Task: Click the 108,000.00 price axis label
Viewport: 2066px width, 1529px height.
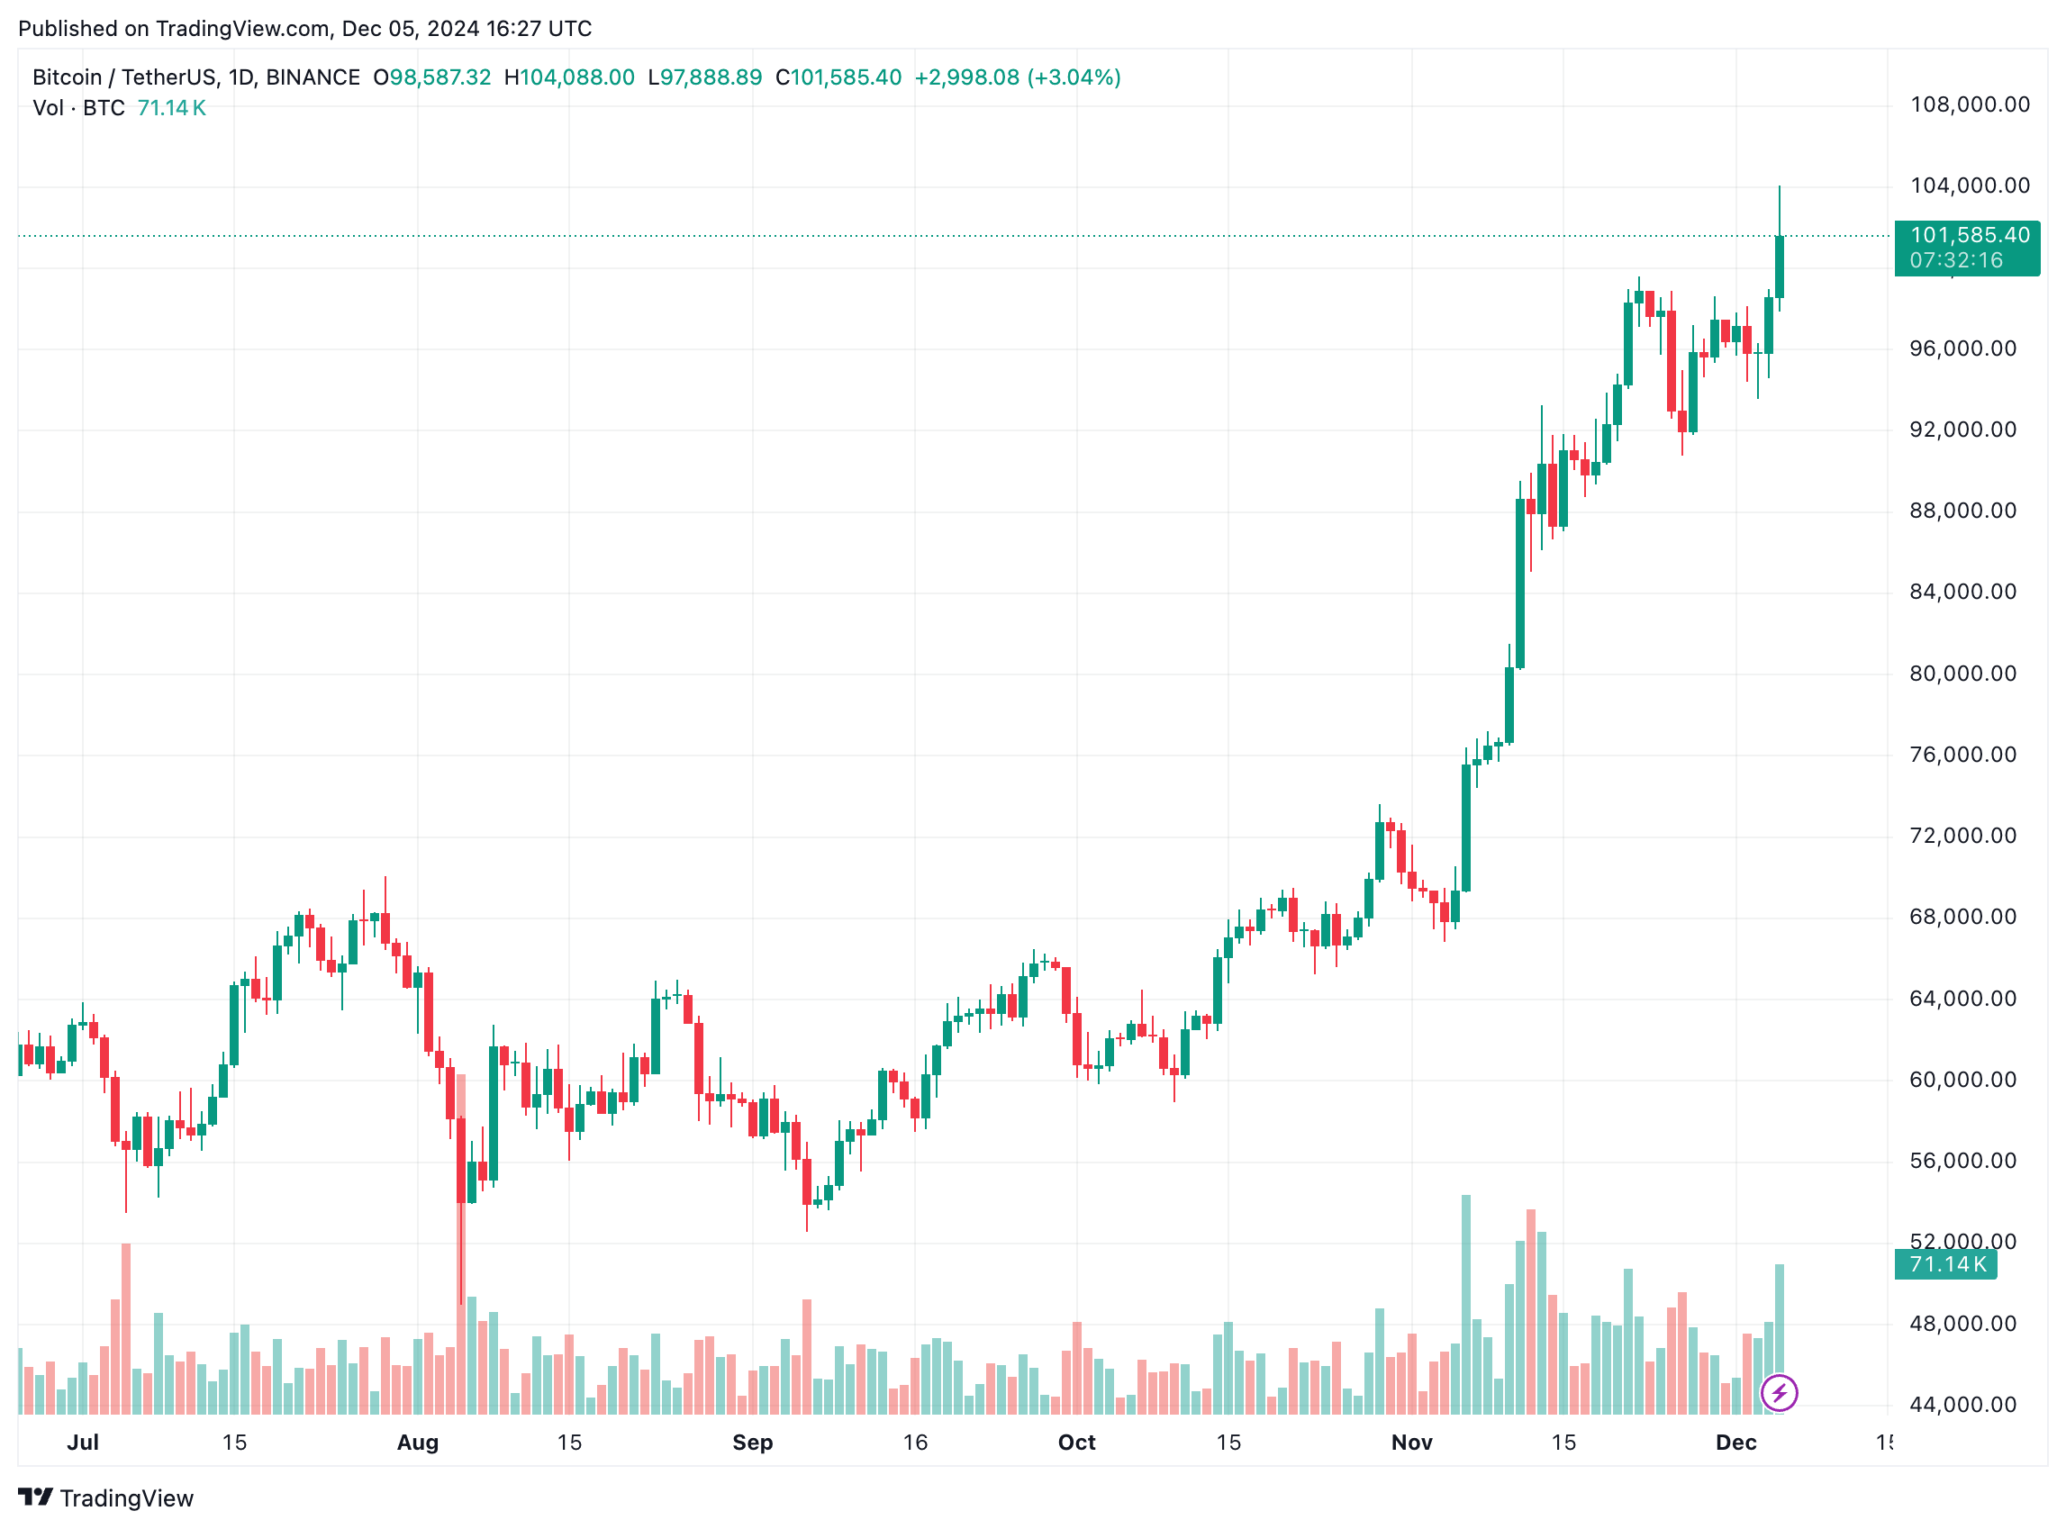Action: tap(1969, 104)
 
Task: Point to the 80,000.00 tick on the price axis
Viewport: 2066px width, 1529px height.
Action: tap(1962, 674)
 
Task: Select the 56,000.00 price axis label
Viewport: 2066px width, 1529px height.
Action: tap(1962, 1161)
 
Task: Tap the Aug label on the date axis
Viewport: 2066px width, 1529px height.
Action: tap(418, 1442)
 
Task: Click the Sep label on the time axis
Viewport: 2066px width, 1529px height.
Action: tap(752, 1442)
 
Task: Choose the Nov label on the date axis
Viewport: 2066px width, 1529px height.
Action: tap(1411, 1442)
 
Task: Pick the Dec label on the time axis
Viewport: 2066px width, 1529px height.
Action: tap(1735, 1442)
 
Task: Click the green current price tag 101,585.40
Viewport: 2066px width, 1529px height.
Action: tap(1969, 236)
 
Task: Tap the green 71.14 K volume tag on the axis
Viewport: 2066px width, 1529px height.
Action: tap(1946, 1264)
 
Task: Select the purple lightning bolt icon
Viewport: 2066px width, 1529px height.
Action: tap(1779, 1393)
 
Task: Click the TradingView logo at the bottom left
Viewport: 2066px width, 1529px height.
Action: tap(105, 1498)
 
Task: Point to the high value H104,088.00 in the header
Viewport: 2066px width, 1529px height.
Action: tap(569, 77)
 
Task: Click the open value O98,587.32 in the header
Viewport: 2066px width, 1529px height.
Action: tap(432, 77)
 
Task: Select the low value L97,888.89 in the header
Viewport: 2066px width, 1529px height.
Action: tap(704, 77)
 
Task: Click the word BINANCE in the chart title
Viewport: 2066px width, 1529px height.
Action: tap(313, 77)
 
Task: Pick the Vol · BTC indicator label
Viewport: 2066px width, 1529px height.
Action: tap(78, 108)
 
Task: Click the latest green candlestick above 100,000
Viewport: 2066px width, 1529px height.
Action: tap(1779, 267)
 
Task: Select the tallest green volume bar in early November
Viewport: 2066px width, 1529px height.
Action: tap(1466, 1305)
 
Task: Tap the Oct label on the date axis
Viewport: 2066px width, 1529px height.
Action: tap(1076, 1442)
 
